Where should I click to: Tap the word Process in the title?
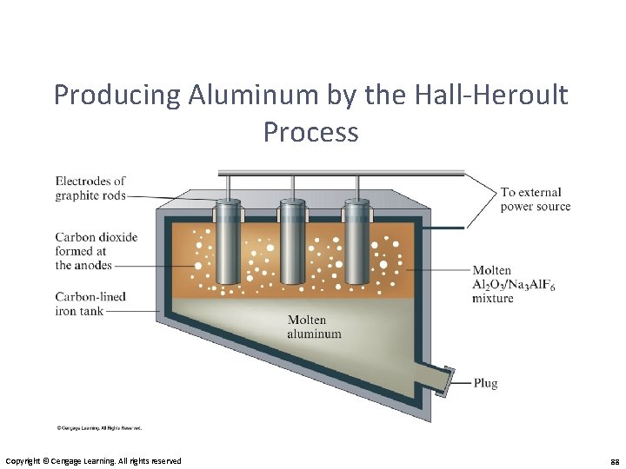pos(310,132)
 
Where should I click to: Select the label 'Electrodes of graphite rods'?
pos(90,188)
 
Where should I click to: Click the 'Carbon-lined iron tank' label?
pos(90,304)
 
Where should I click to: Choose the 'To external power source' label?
pos(535,199)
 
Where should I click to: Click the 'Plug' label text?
pos(485,383)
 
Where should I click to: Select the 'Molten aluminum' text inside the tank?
pos(315,327)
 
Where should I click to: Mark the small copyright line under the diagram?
pos(99,428)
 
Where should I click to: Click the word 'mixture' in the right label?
pos(492,299)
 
